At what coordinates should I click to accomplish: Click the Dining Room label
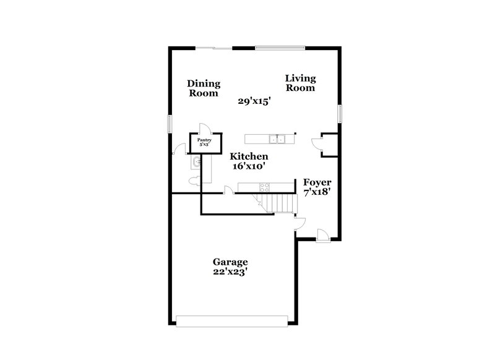coord(204,88)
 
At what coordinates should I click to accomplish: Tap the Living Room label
coord(300,83)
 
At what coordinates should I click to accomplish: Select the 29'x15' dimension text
coord(255,101)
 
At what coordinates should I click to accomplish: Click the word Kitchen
coord(249,156)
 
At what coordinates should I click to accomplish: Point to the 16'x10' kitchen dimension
coord(249,167)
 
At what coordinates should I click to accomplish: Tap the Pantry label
coord(204,142)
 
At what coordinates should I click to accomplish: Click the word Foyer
coord(317,182)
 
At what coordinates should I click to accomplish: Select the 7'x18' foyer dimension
coord(317,193)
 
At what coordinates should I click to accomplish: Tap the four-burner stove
coord(264,187)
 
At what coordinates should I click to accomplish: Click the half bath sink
coord(196,163)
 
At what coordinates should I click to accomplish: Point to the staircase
coord(275,202)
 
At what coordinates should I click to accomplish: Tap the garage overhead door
coord(232,320)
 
